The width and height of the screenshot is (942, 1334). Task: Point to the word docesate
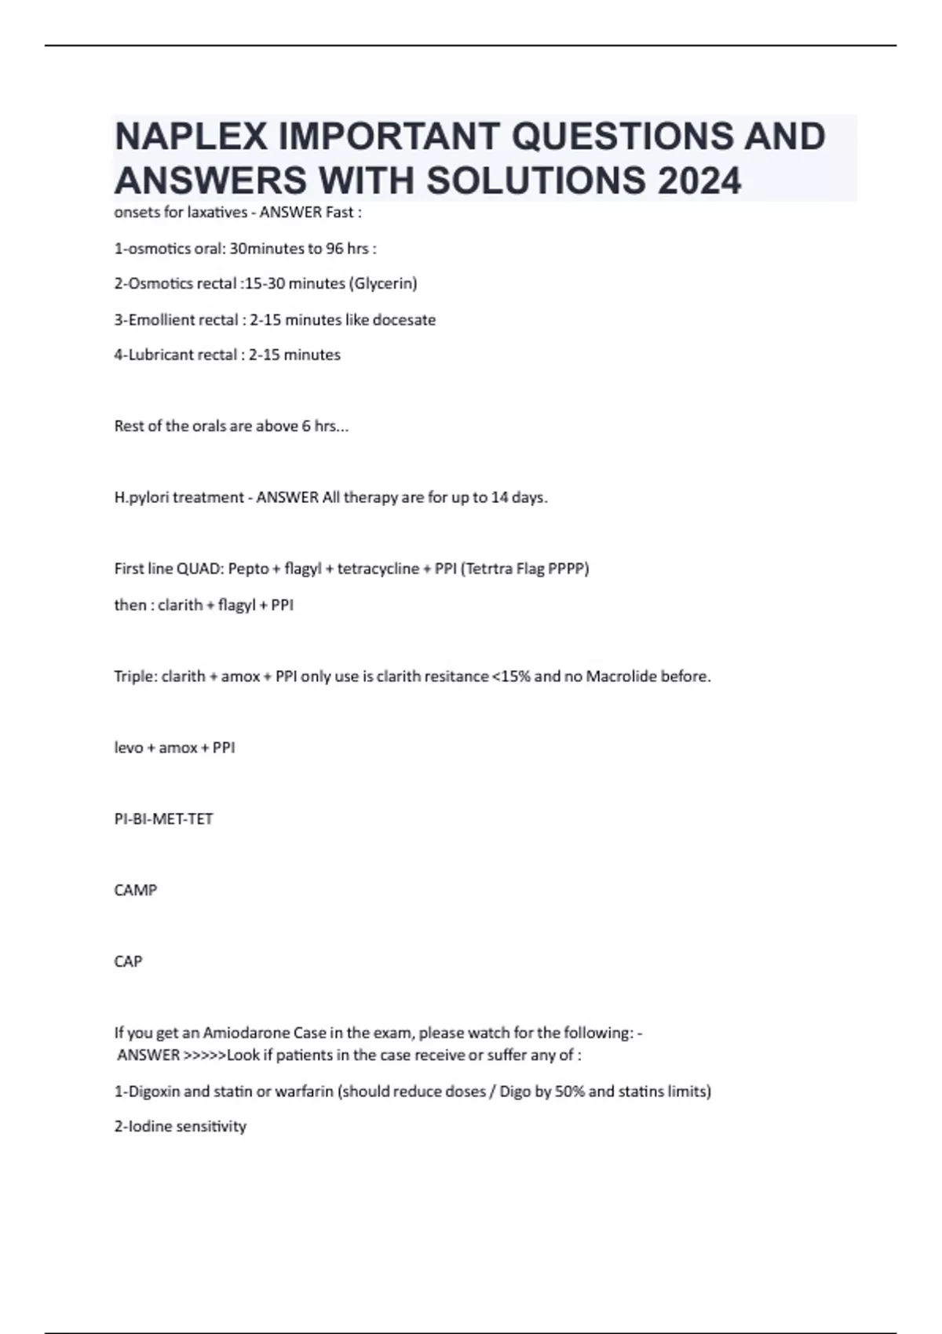click(407, 319)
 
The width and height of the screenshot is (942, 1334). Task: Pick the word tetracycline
click(378, 569)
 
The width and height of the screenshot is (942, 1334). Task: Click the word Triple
click(135, 676)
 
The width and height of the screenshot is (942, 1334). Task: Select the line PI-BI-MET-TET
click(163, 819)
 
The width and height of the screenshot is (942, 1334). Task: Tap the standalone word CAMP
click(135, 891)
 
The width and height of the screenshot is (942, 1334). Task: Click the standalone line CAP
click(128, 962)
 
